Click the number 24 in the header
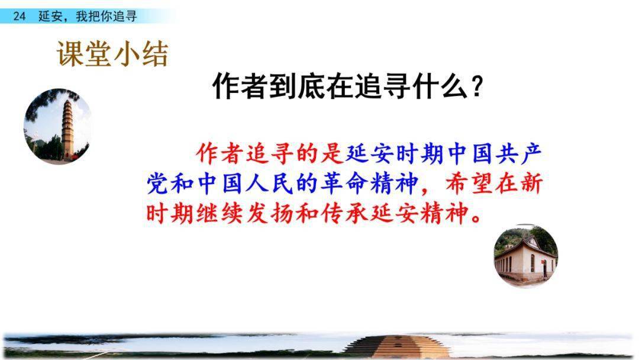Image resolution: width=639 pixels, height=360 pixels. click(x=19, y=17)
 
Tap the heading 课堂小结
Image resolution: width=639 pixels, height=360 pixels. click(x=112, y=54)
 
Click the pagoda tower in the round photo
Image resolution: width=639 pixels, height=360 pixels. click(x=67, y=129)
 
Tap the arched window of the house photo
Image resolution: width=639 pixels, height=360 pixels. click(x=532, y=263)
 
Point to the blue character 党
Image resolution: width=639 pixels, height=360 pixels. click(x=157, y=184)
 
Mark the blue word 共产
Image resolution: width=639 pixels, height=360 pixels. click(x=518, y=154)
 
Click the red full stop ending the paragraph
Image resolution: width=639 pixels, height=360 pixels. click(x=476, y=218)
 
